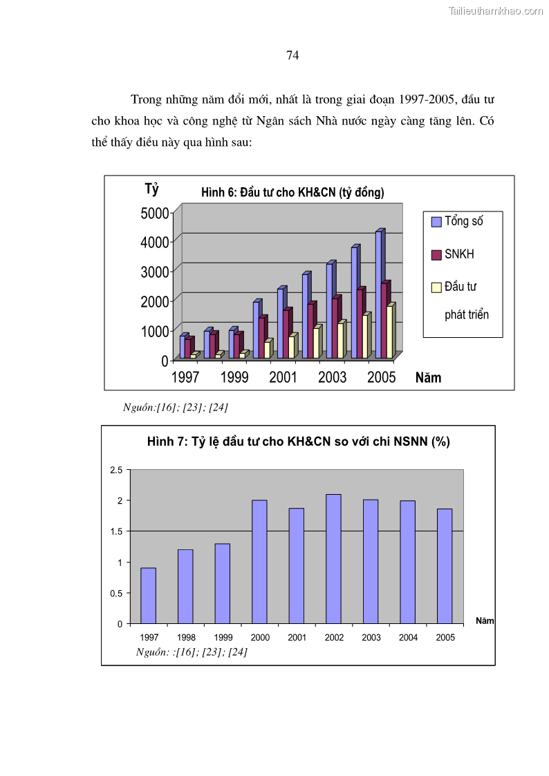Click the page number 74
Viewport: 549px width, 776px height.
(292, 56)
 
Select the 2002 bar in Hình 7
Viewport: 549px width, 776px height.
(333, 558)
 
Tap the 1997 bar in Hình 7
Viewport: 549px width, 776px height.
(148, 595)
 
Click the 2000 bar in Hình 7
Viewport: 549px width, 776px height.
(259, 561)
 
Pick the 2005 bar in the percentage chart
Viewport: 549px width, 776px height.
(445, 565)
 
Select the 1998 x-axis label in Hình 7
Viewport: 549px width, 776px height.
(186, 638)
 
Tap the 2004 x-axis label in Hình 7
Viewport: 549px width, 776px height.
(408, 638)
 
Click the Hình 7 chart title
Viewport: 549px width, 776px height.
(298, 442)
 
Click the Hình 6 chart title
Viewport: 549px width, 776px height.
(292, 193)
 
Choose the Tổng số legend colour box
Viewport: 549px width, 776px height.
(436, 222)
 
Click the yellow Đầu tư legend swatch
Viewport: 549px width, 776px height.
(436, 287)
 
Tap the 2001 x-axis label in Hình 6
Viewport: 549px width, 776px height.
(283, 377)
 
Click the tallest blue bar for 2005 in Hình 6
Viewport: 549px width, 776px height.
(379, 294)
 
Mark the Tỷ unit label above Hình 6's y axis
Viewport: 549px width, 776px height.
(151, 189)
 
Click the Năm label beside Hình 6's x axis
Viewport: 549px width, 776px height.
(428, 378)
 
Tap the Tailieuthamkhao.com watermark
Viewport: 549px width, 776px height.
(496, 10)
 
